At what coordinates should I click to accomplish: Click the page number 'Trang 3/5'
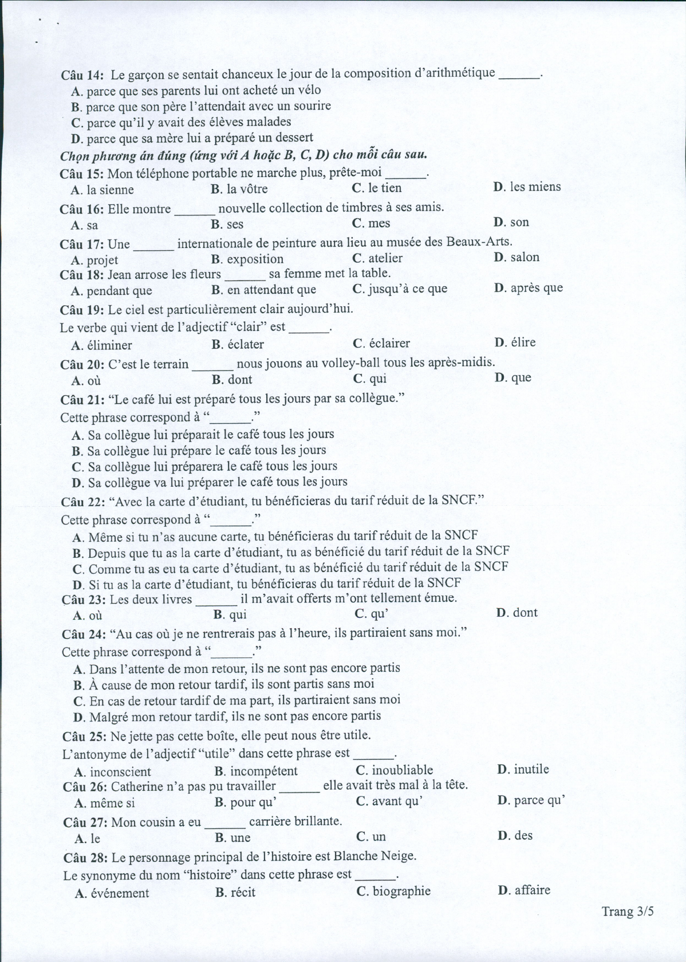coord(627,911)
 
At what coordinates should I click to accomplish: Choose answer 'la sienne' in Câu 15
coord(110,190)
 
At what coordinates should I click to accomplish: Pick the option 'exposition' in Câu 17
coord(255,259)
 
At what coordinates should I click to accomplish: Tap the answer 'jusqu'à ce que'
coord(408,289)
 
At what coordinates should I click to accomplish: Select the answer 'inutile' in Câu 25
coord(531,769)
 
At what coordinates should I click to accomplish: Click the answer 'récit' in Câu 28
coord(243,892)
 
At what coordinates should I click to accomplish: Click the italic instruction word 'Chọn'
coord(72,156)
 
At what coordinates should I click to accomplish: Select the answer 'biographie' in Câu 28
coord(401,891)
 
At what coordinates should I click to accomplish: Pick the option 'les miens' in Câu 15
coord(535,187)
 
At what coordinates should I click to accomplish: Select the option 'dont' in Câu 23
coord(525,613)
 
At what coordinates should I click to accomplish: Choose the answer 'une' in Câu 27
coord(241,838)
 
